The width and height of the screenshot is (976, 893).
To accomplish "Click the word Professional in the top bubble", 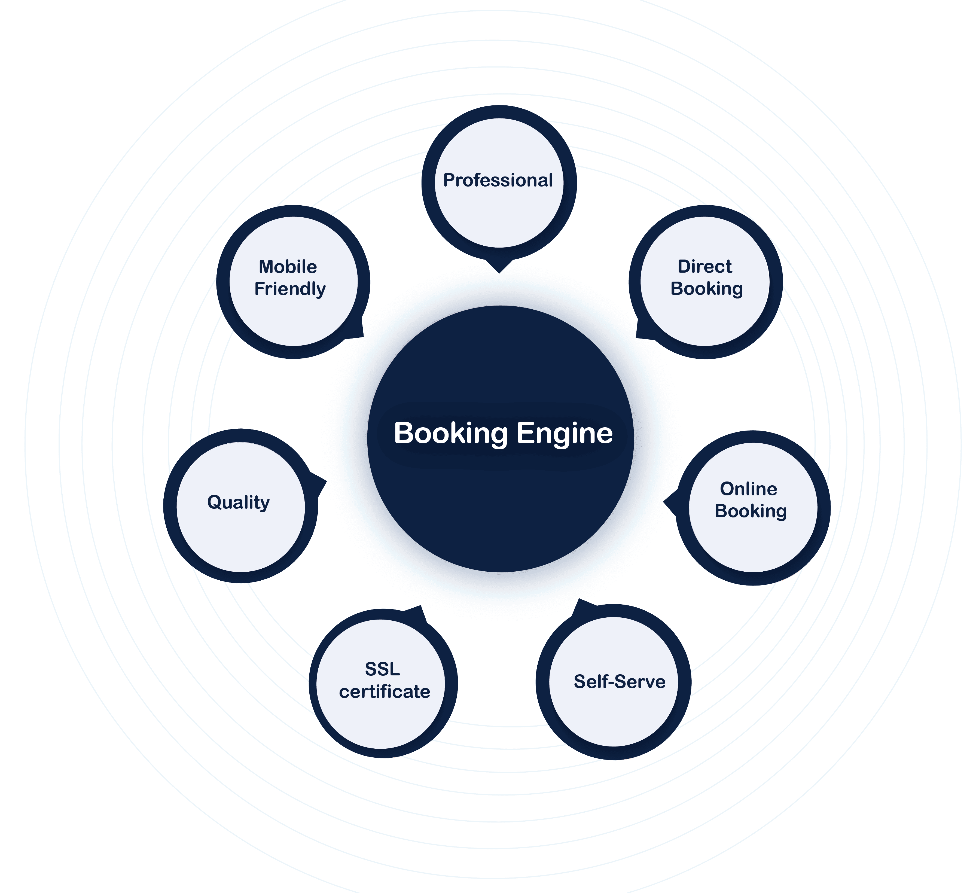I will [498, 180].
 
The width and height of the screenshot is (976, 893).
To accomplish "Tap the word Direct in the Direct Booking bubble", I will [705, 266].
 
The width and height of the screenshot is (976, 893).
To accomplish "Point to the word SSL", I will [382, 669].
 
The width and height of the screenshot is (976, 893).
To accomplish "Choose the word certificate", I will [385, 691].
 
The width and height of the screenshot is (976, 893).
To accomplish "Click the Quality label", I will [238, 502].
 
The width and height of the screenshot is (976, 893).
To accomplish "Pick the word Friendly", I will [290, 289].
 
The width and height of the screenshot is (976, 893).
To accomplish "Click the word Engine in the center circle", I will [565, 433].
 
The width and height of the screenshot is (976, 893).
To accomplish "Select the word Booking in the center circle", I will [451, 433].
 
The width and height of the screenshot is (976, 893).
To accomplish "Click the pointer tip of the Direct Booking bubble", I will [637, 337].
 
